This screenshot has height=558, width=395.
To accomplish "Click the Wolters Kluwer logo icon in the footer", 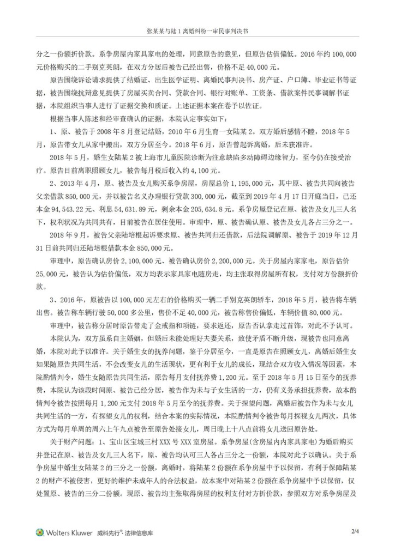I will tap(40, 532).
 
